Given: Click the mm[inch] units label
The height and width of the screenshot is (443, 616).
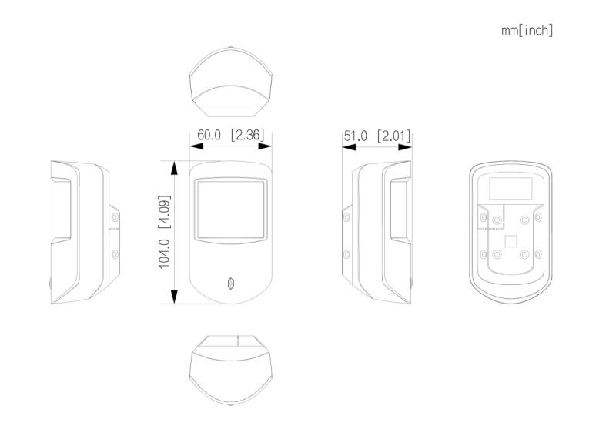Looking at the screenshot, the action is pos(527,30).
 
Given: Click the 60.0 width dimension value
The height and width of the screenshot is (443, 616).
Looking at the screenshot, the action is pos(209,135).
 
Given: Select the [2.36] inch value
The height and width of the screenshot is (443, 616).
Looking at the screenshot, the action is pos(247,135).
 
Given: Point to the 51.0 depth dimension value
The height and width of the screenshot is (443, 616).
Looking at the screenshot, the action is pos(355,136).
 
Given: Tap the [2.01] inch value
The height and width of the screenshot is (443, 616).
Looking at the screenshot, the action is pos(393,136).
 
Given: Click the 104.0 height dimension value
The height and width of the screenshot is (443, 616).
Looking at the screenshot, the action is pos(165,254).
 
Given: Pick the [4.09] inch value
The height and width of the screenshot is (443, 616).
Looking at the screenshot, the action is pos(165,211).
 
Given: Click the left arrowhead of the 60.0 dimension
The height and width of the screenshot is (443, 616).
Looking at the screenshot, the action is pos(196,146).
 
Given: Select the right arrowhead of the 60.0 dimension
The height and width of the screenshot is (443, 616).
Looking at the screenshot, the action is pos(265,146).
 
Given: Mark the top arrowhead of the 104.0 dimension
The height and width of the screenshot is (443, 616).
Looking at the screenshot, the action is pos(175,168).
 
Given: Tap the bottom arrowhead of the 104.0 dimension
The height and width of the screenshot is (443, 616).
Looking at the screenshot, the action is pos(175,297).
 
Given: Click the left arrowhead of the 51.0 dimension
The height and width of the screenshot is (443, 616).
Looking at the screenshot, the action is pos(350,147).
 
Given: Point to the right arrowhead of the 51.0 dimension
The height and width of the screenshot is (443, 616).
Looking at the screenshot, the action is pos(405,147).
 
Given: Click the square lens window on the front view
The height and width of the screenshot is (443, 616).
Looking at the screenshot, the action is pos(231,210).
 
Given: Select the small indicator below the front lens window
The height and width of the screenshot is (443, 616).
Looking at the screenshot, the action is pos(231,284).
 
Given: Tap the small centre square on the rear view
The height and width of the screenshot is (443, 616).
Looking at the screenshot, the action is pos(511,241).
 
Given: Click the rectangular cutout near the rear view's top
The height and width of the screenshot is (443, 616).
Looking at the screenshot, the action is pos(511,188).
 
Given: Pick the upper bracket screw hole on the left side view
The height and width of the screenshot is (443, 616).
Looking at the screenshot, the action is pos(115,216).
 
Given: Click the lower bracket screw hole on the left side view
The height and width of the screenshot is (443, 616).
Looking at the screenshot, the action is pos(115,254).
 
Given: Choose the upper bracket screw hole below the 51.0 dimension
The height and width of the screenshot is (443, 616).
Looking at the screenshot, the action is pos(346,216).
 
